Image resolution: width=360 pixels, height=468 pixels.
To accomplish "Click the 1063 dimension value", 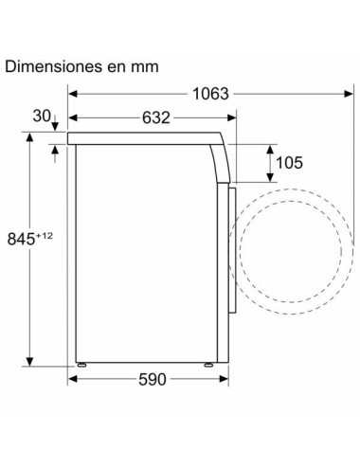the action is pos(210,94).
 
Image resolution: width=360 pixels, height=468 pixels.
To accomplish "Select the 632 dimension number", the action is pos(156,117).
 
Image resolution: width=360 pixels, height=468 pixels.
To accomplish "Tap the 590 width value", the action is pos(153,379).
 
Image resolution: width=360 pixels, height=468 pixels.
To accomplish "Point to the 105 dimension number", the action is pos(289,163).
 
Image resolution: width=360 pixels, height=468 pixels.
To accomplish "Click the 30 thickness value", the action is pos(42,116).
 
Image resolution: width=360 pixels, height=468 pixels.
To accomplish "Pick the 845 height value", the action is pos(21,239).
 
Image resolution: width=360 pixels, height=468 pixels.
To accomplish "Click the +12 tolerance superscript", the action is pos(45,235).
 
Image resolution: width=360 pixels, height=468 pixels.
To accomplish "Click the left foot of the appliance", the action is pos(81,365).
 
